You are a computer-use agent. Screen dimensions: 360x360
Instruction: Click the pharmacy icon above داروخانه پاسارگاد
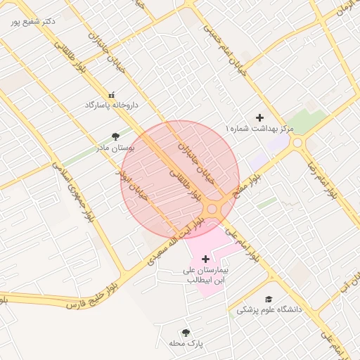click(x=111, y=94)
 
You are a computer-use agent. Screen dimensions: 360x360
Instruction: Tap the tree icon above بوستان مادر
click(x=115, y=136)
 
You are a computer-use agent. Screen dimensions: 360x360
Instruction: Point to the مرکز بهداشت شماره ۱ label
click(x=259, y=129)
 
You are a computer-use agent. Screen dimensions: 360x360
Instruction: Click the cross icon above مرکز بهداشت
click(x=259, y=117)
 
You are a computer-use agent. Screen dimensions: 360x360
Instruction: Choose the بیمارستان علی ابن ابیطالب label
click(x=205, y=274)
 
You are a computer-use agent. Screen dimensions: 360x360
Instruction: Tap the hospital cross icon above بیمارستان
click(x=205, y=259)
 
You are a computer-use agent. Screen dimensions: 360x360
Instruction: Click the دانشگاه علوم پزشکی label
click(x=269, y=309)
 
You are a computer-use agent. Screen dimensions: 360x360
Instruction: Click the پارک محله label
click(x=186, y=343)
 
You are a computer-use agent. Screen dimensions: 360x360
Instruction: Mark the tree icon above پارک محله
click(x=186, y=333)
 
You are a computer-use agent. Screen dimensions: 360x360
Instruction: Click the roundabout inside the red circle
click(x=212, y=210)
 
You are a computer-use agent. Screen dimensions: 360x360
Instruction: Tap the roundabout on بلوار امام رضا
click(x=297, y=143)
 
